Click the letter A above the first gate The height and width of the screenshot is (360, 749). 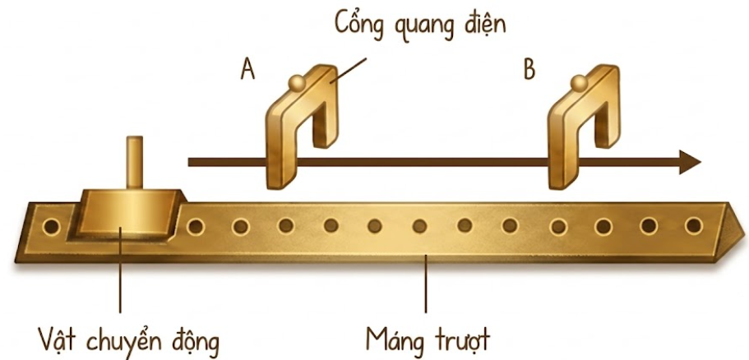(248, 70)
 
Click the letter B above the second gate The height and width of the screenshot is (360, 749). (529, 70)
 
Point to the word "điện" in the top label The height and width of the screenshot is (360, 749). (487, 22)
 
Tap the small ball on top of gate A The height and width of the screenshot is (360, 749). (297, 83)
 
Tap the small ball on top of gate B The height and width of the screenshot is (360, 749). (580, 83)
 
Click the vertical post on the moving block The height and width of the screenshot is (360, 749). (135, 163)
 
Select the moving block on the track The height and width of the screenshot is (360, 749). (126, 215)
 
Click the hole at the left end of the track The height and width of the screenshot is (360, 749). (51, 226)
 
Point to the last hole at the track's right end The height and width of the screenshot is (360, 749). (693, 226)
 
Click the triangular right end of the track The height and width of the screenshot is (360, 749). (730, 232)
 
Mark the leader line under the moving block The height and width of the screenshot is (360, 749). (120, 270)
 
